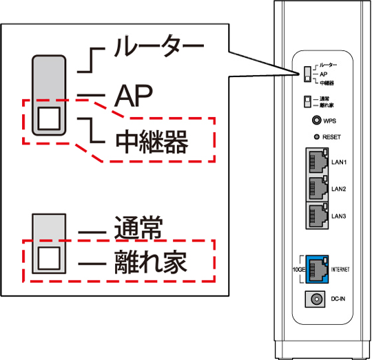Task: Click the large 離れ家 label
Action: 151,262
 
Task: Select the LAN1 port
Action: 316,162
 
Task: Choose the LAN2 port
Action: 316,188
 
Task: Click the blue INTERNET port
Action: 316,268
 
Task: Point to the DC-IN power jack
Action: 317,299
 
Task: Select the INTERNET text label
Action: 340,268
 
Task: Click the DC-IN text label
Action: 339,299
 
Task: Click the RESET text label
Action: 332,137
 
